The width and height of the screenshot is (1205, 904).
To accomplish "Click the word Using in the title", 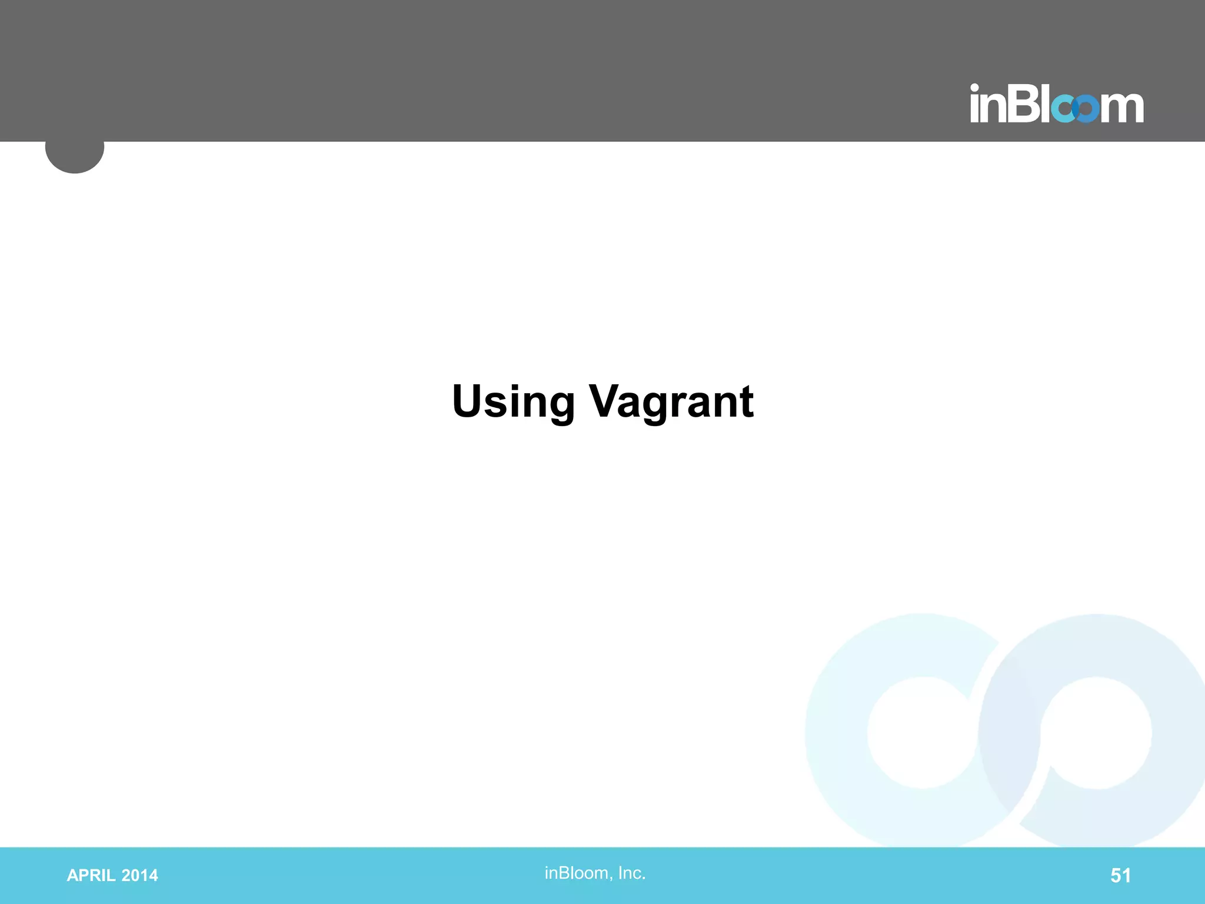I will click(x=513, y=402).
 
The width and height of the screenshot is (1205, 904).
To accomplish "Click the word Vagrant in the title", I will click(x=671, y=402).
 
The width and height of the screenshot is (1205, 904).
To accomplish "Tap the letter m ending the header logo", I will click(x=1122, y=107).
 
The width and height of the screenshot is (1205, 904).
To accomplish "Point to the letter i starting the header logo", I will click(x=975, y=104).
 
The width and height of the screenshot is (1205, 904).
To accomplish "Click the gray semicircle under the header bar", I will click(x=75, y=157).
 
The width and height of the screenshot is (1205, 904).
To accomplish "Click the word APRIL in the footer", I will click(x=91, y=876).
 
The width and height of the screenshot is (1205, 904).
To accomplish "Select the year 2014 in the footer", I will click(x=139, y=876).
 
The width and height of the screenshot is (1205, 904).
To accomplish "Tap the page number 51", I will click(x=1120, y=876).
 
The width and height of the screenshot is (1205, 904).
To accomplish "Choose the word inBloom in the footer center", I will click(x=577, y=873).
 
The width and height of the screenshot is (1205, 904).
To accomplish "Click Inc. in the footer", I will click(x=632, y=873).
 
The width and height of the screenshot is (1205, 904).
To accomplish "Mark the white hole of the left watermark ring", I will click(x=923, y=733).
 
